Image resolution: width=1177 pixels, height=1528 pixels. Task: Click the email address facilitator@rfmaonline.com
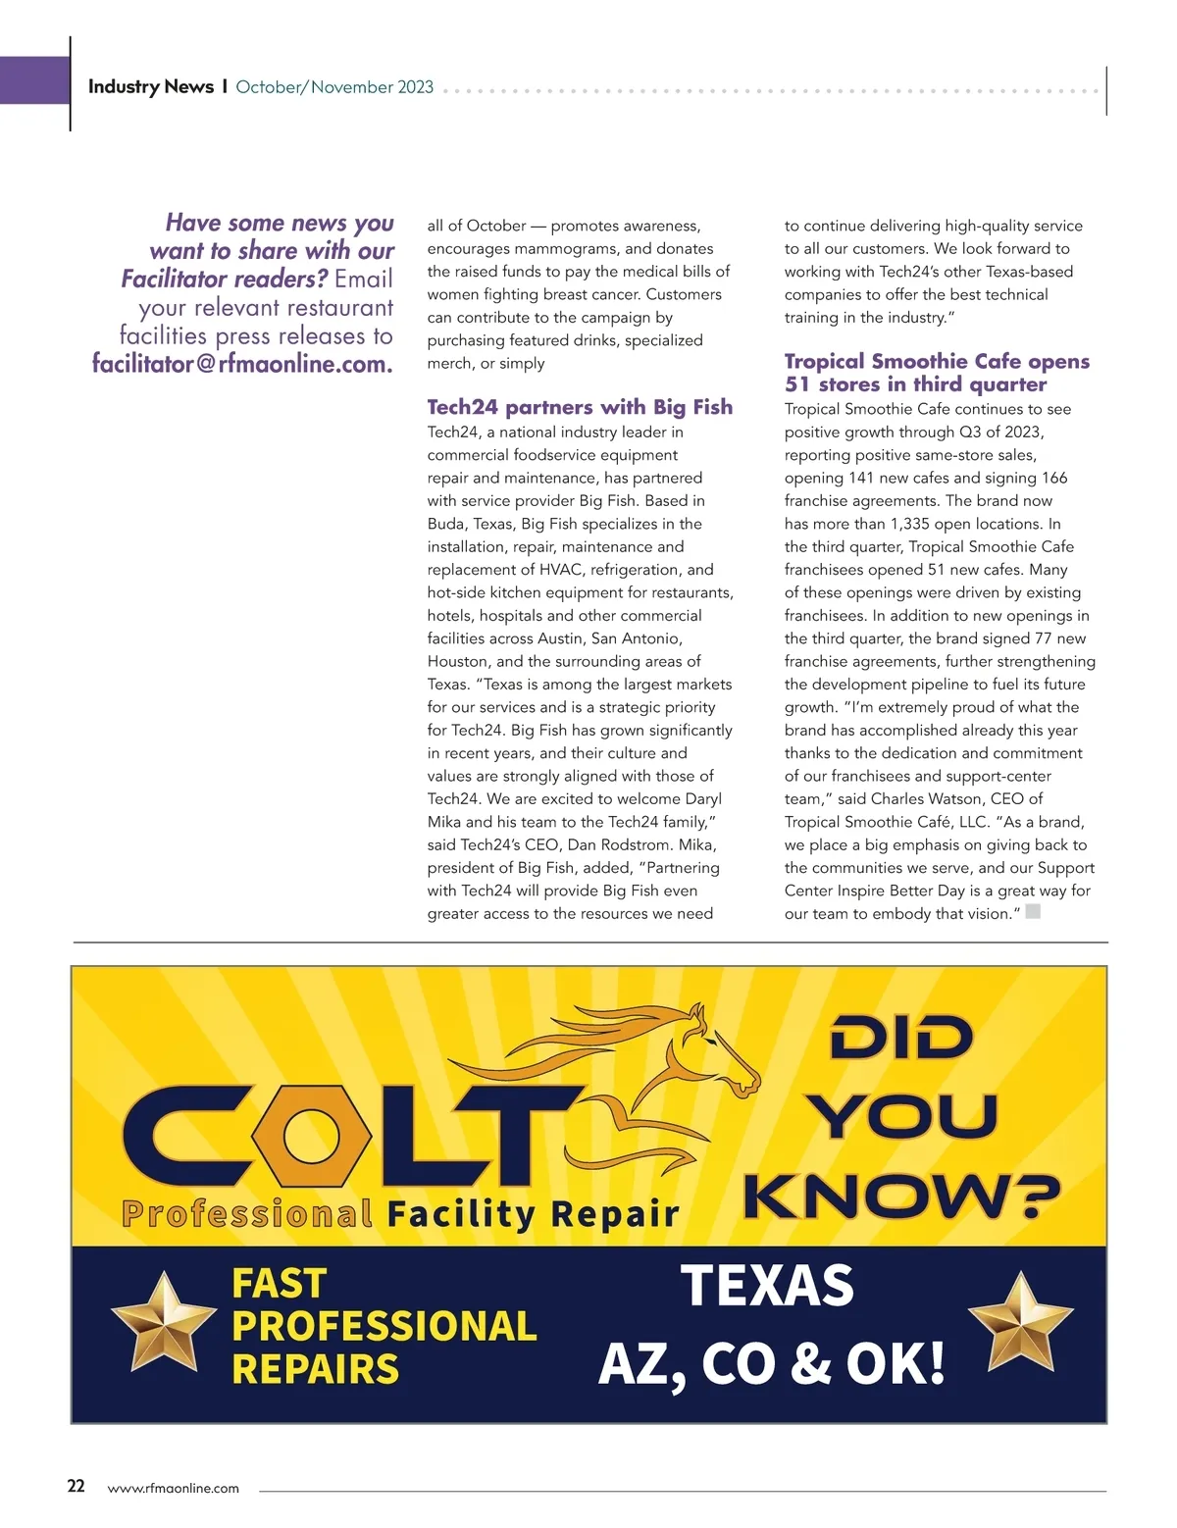(x=242, y=364)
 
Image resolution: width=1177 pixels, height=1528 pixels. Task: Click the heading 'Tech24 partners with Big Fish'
(x=580, y=407)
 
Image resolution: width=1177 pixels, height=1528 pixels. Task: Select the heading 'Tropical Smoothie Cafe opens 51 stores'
(x=937, y=373)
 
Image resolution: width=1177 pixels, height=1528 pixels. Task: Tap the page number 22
(x=77, y=1486)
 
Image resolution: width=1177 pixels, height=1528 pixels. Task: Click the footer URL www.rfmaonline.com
(x=173, y=1488)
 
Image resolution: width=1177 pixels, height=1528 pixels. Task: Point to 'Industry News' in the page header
(x=151, y=86)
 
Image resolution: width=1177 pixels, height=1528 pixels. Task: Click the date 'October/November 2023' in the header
(x=334, y=86)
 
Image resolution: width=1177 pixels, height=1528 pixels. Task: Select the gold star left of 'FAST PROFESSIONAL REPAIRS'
(x=163, y=1322)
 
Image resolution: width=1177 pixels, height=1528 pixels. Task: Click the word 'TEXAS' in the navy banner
(x=767, y=1285)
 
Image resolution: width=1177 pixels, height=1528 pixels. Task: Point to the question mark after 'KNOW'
(x=1036, y=1196)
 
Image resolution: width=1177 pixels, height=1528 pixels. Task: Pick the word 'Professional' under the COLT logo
(x=247, y=1213)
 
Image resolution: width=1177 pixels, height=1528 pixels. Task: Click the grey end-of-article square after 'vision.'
(x=1032, y=912)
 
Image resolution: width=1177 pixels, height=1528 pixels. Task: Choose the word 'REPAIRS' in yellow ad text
(x=316, y=1369)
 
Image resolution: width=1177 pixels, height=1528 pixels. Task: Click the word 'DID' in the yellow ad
(x=900, y=1038)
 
